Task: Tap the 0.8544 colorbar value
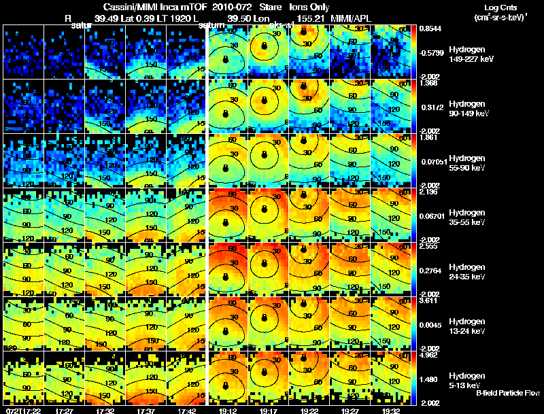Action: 430,29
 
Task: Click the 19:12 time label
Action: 226,411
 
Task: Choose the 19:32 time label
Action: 390,411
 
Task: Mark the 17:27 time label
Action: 64,411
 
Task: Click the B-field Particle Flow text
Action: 507,393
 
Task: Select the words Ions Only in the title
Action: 310,7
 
